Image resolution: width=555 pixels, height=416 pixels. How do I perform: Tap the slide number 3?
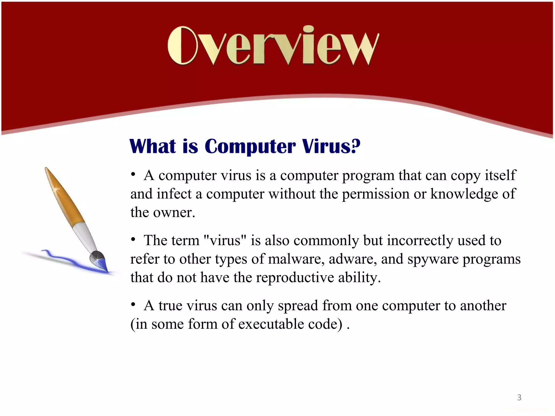pyautogui.click(x=519, y=398)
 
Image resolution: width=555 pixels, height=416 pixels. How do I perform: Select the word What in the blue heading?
pyautogui.click(x=153, y=146)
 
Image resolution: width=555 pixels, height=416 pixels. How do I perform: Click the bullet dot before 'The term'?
pyautogui.click(x=133, y=240)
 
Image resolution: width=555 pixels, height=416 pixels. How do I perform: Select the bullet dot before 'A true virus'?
pyautogui.click(x=133, y=305)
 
